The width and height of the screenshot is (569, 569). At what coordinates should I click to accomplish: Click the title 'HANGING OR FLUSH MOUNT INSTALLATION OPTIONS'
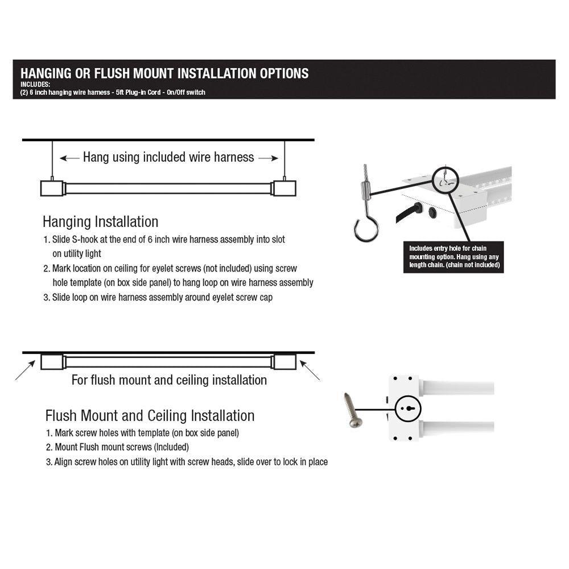(x=164, y=73)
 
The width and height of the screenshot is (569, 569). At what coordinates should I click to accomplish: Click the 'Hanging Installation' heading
(x=100, y=221)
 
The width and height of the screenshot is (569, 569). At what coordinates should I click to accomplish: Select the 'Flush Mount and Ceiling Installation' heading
(x=150, y=415)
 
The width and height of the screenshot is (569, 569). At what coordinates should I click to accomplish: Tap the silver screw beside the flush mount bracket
(x=352, y=410)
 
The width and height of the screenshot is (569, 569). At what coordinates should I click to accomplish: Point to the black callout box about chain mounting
(x=454, y=257)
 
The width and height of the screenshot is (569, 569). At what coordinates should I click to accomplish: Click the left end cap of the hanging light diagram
(x=52, y=188)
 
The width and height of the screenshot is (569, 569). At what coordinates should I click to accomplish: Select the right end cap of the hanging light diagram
(x=284, y=188)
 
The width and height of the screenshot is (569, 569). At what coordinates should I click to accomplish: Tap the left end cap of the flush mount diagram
(x=52, y=362)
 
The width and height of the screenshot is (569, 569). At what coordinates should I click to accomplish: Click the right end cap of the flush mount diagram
(x=284, y=362)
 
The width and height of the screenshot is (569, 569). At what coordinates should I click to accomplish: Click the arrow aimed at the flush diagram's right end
(x=311, y=372)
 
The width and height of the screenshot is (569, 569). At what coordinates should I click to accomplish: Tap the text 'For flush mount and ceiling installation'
(x=169, y=380)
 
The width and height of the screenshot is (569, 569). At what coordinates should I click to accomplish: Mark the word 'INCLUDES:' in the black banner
(x=35, y=85)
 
